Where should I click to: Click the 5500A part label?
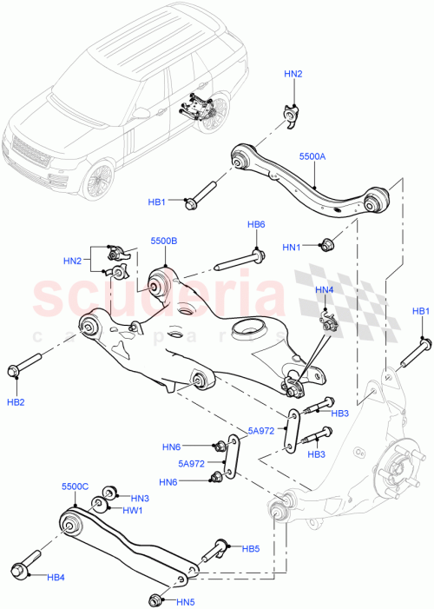313,157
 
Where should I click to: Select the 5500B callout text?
163,241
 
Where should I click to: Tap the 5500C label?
76,487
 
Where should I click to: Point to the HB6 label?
256,225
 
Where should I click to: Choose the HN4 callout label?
324,289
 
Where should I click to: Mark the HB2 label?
16,402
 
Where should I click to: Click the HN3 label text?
141,498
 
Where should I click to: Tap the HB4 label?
56,578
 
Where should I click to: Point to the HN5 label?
187,601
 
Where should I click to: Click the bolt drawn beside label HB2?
26,365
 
